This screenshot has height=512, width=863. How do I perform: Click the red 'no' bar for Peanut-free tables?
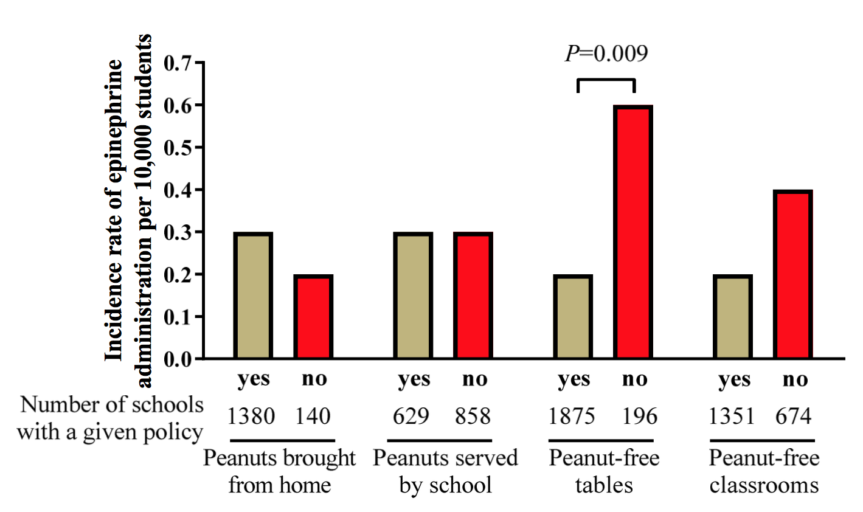tap(633, 232)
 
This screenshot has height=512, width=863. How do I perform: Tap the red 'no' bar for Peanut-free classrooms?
tap(793, 275)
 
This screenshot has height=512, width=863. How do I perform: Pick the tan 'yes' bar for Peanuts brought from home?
tap(253, 296)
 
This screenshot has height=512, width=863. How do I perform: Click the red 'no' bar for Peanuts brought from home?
tap(313, 317)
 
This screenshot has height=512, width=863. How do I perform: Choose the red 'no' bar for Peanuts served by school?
tap(473, 296)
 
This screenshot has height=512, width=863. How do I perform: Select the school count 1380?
tap(251, 417)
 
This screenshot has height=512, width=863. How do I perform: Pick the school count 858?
tap(473, 417)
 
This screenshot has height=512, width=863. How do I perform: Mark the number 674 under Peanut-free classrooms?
tap(793, 417)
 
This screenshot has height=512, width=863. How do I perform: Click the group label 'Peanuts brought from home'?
tap(279, 472)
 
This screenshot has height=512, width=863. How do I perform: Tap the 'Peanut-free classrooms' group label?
tap(764, 472)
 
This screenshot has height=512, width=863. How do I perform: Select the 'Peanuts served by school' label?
tap(445, 472)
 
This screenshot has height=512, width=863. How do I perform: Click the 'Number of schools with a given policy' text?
tap(110, 418)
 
